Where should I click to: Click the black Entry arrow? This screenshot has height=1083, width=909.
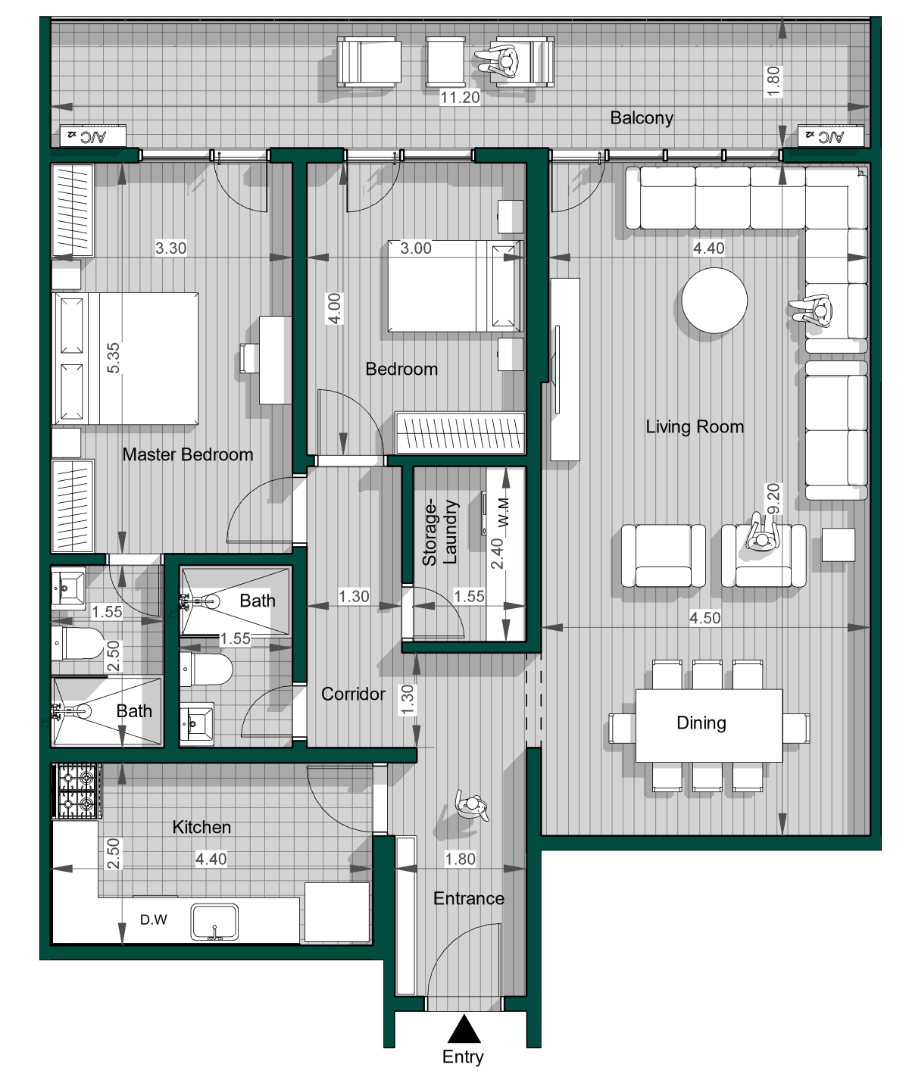[464, 1028]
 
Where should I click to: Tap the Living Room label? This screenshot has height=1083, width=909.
[694, 427]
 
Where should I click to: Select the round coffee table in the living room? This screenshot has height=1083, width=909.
[714, 301]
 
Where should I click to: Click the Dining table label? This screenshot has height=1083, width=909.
[701, 723]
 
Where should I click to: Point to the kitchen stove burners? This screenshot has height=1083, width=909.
[77, 791]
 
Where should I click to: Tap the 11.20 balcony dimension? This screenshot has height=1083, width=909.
[460, 98]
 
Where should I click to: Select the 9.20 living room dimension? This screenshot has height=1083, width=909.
[773, 498]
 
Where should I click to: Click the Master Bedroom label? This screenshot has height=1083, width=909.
[188, 455]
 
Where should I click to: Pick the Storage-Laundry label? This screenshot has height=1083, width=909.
[440, 532]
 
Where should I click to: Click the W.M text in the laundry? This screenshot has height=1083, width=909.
[503, 513]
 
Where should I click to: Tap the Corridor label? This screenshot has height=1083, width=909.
[353, 694]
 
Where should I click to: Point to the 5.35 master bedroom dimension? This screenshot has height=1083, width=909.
[113, 358]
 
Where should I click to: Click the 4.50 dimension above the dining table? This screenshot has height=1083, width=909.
[704, 618]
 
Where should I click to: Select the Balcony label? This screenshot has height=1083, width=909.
[642, 118]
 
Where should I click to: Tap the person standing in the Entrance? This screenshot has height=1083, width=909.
[472, 806]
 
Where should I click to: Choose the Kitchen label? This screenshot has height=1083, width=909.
[201, 827]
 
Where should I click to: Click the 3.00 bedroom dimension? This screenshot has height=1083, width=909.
[416, 248]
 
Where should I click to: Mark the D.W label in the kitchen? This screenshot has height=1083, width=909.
[154, 919]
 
